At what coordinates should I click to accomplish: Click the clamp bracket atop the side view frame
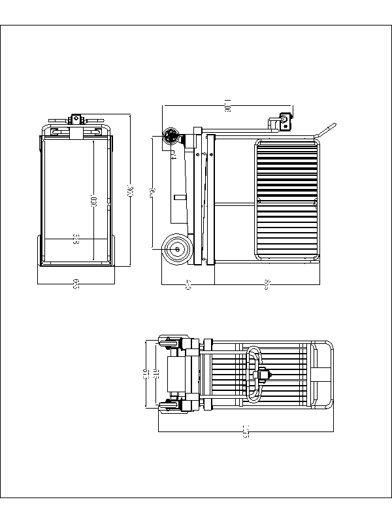click(285, 122)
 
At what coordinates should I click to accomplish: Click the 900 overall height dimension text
click(130, 191)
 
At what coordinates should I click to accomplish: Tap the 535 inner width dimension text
click(76, 239)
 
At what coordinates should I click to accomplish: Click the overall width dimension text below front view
click(76, 284)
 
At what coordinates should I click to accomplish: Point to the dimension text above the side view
click(227, 105)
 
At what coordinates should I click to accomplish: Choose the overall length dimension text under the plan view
click(246, 432)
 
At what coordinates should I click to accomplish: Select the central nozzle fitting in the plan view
click(265, 375)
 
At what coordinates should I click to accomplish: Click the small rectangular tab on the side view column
click(177, 197)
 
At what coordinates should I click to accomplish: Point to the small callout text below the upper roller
click(172, 156)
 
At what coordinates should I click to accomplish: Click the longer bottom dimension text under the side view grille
click(267, 284)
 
